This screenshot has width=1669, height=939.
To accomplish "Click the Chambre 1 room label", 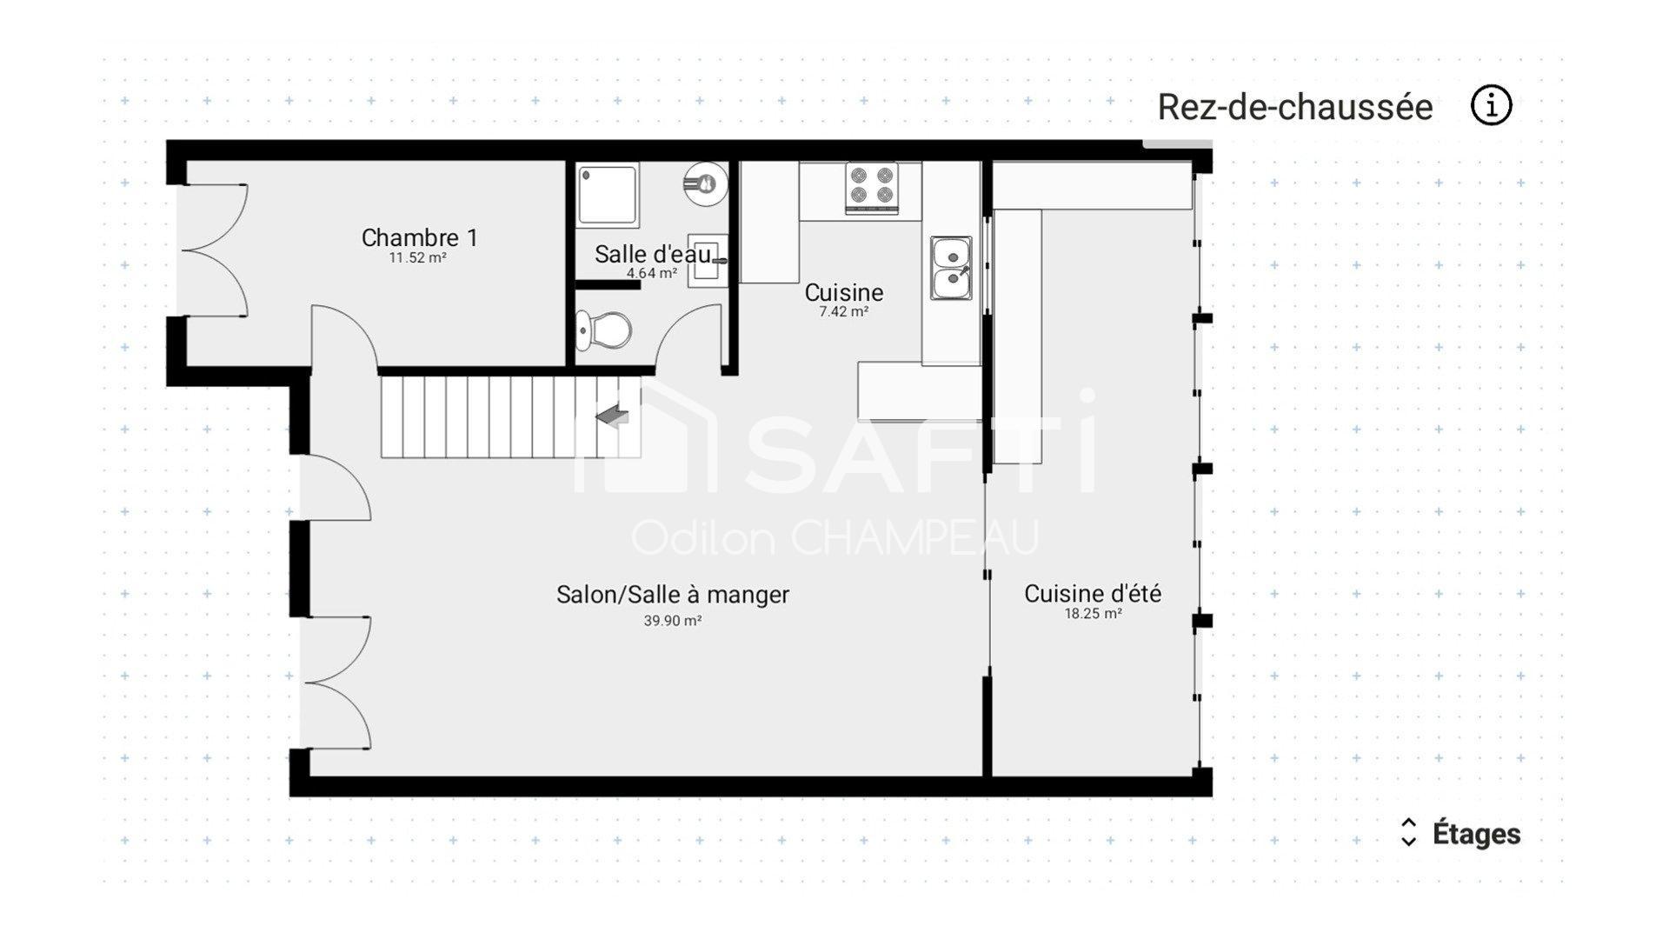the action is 419,237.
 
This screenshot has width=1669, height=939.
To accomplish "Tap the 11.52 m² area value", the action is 417,258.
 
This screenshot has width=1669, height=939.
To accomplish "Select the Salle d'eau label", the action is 653,254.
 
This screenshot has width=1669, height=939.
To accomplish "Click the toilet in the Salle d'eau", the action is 604,330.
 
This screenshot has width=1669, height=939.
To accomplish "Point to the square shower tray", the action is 608,196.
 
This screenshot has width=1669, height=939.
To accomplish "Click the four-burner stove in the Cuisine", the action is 872,187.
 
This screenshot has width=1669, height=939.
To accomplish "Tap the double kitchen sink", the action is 952,268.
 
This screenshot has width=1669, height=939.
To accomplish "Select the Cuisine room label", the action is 844,292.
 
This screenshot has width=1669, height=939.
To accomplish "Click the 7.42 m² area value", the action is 843,312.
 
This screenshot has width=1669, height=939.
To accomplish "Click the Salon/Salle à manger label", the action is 673,595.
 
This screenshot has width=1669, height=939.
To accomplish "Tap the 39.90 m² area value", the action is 673,621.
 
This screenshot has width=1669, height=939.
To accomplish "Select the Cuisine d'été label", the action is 1093,594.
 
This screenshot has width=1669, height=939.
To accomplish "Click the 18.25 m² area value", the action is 1093,614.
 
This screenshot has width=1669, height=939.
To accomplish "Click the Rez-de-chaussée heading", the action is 1295,107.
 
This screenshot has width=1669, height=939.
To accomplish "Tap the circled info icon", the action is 1492,106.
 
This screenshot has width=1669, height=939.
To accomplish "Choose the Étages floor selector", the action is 1460,833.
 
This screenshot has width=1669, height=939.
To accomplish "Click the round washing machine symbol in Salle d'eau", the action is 705,183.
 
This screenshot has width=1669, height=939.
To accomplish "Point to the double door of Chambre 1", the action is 214,250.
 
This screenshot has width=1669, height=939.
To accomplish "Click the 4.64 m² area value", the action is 652,273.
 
